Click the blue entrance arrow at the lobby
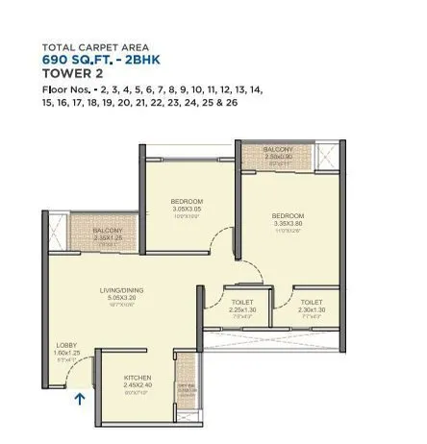(x=80, y=393)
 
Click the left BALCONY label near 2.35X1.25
(x=107, y=231)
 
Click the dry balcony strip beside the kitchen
(x=185, y=386)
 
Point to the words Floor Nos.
(x=65, y=89)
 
